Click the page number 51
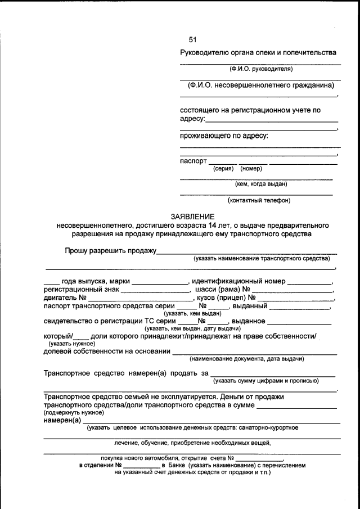pyautogui.click(x=193, y=39)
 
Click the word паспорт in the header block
pyautogui.click(x=193, y=160)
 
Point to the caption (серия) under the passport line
pyautogui.click(x=223, y=168)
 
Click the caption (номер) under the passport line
pyautogui.click(x=251, y=168)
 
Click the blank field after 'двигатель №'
pyautogui.click(x=140, y=300)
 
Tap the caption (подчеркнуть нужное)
pyautogui.click(x=69, y=412)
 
